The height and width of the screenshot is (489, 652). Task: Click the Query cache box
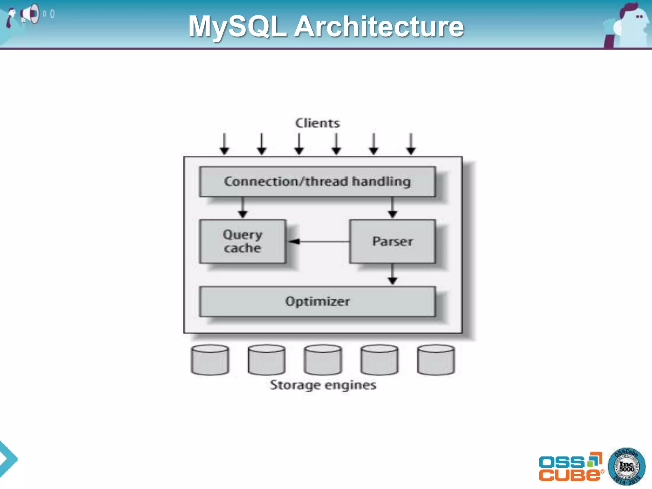tap(243, 241)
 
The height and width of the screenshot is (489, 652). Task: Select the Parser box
tap(392, 241)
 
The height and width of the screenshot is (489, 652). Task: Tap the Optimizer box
tap(317, 301)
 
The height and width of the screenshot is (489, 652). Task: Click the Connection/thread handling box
tap(317, 181)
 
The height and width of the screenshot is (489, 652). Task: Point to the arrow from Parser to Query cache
tap(318, 242)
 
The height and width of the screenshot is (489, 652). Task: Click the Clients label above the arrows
tap(317, 123)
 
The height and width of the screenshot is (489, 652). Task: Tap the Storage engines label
tap(323, 385)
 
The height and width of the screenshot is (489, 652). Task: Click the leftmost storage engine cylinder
tap(210, 360)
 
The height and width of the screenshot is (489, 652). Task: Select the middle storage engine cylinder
tap(323, 360)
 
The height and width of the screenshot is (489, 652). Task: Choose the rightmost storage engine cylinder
tap(436, 360)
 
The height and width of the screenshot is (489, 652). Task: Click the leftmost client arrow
tap(224, 144)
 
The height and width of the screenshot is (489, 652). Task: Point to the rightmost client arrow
tap(411, 144)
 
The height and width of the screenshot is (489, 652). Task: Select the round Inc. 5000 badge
tap(627, 467)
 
